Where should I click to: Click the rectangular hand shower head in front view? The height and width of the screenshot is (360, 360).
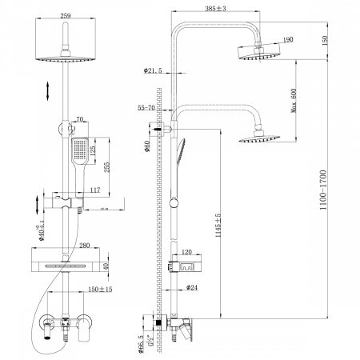tap(81, 150)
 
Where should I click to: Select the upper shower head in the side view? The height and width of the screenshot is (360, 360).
tap(258, 51)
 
